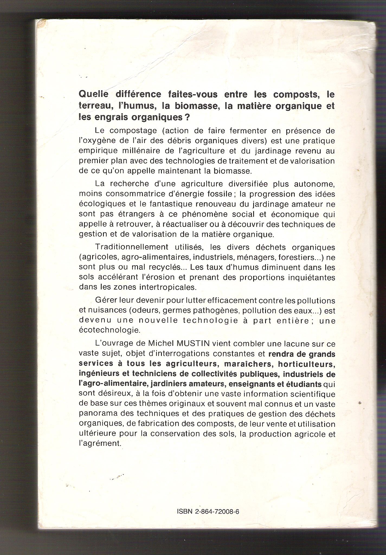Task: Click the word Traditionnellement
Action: coord(132,247)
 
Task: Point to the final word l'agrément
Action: coord(99,444)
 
